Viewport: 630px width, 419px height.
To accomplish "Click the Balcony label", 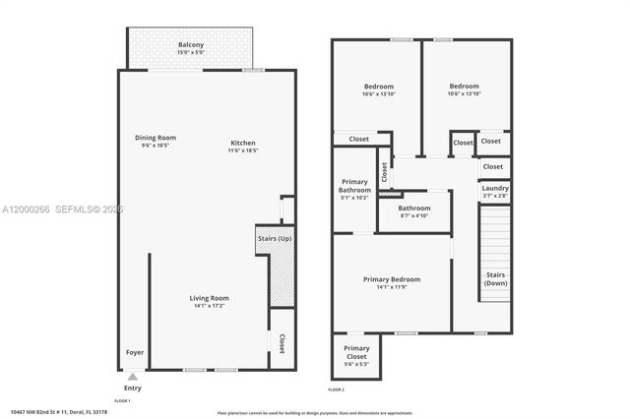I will point(191,45).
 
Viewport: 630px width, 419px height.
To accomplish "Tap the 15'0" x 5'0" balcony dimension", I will point(191,54).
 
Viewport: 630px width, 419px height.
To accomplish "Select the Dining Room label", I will point(156,137).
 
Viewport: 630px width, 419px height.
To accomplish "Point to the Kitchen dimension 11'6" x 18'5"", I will point(243,150).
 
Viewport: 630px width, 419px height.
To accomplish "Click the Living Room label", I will point(210,298).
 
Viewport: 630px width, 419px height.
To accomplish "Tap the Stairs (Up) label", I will point(275,237).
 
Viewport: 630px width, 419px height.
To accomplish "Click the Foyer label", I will point(134,352).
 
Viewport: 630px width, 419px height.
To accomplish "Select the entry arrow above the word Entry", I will point(133,375).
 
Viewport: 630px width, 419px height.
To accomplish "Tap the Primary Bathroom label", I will point(355,186).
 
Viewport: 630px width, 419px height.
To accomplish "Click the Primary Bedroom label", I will point(392,279).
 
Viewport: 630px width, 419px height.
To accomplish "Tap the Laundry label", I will point(495,188).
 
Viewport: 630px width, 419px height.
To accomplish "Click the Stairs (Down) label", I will point(495,278).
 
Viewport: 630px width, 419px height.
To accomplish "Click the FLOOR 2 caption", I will point(337,390).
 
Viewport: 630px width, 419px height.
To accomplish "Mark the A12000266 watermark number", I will point(26,209).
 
